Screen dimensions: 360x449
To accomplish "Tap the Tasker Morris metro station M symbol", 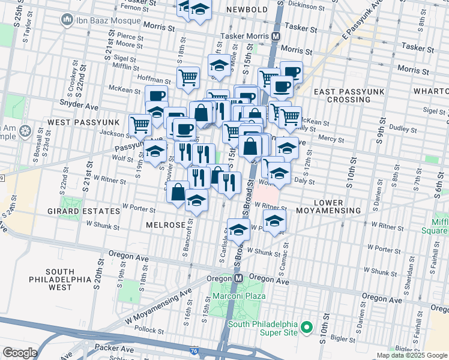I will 276,36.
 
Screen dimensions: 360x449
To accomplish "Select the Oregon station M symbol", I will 238,278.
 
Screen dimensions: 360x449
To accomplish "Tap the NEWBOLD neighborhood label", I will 247,10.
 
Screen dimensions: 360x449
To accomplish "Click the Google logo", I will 20,353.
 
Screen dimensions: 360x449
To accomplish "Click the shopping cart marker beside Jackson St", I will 140,125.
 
